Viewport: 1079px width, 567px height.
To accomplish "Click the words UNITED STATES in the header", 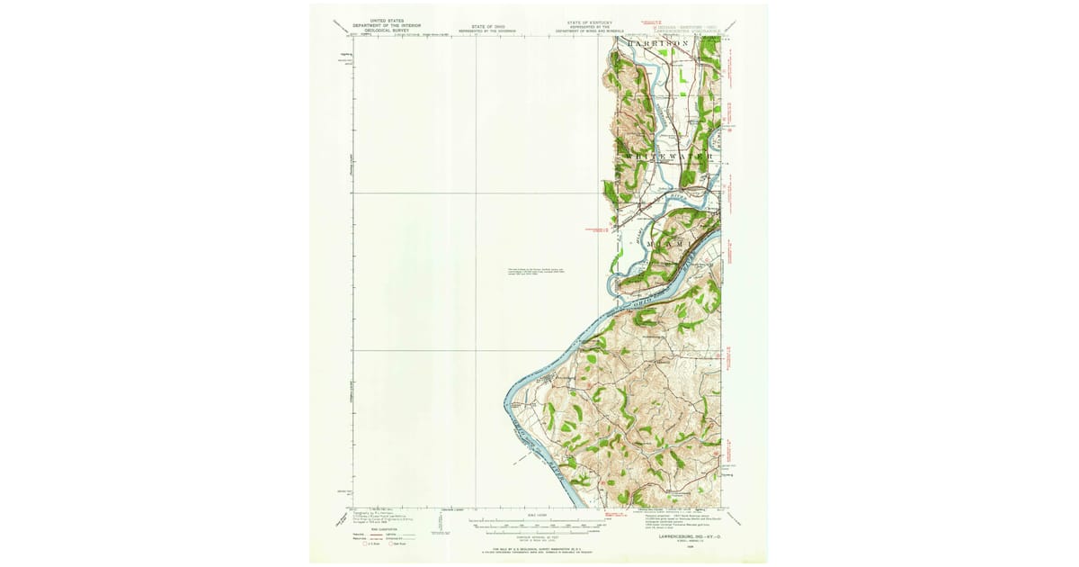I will click(x=378, y=21).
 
